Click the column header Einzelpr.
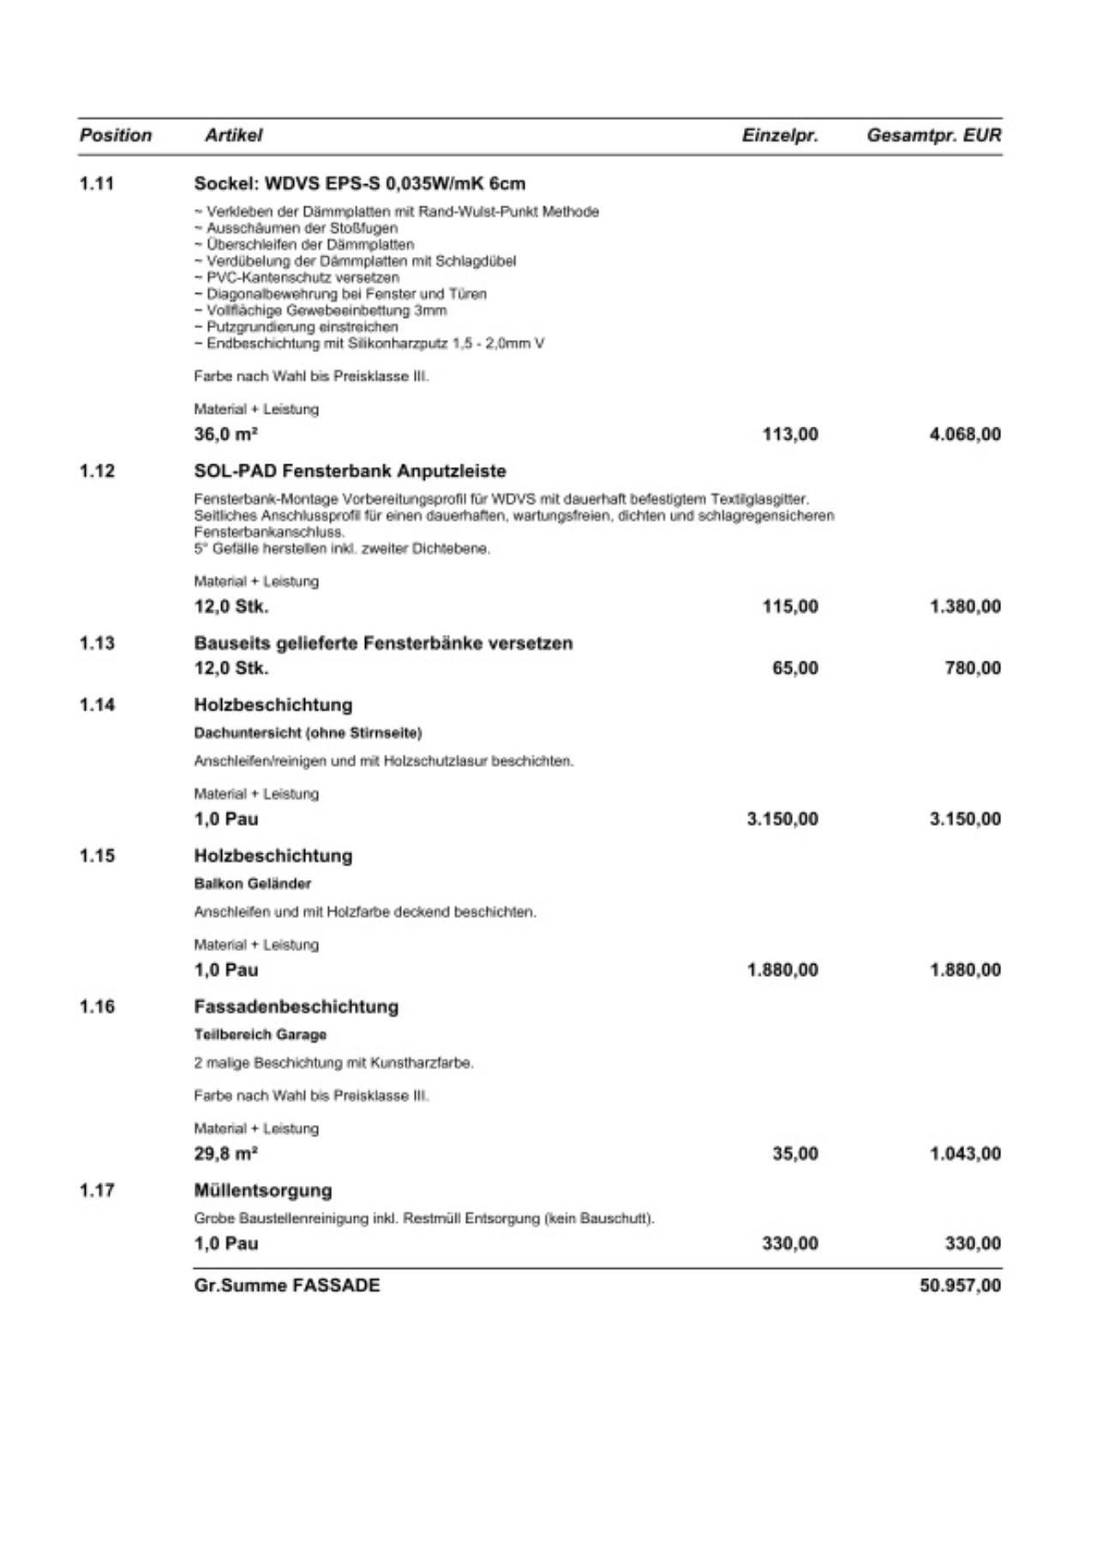tap(780, 135)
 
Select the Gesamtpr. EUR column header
tap(933, 135)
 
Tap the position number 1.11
tap(97, 183)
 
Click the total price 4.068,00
tap(965, 434)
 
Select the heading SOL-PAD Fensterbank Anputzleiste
tap(350, 471)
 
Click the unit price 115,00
tap(790, 607)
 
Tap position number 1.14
tap(97, 705)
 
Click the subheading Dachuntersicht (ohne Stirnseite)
tap(308, 733)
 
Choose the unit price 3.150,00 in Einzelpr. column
tap(782, 819)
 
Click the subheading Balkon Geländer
tap(253, 883)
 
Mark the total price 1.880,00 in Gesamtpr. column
tap(965, 970)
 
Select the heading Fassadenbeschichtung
tap(297, 1007)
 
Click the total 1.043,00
tap(965, 1154)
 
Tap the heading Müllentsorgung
tap(263, 1191)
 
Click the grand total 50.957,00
tap(960, 1286)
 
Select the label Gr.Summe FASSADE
tap(287, 1286)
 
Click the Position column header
tap(116, 135)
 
